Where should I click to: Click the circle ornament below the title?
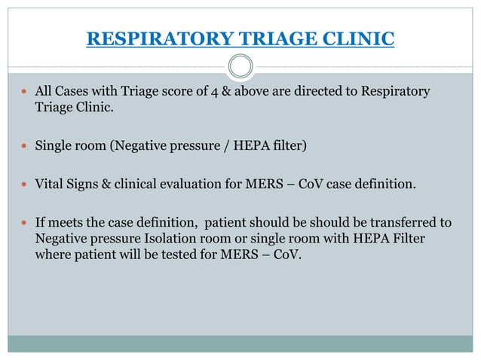tap(240, 67)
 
